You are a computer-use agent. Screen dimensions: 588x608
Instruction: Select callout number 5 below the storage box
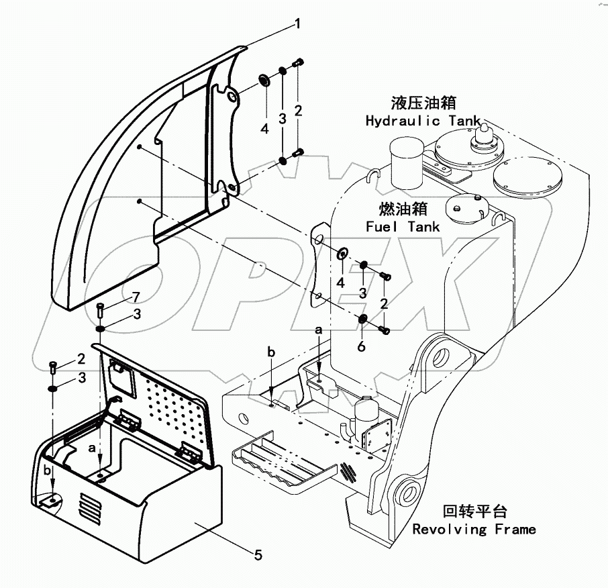click(x=258, y=554)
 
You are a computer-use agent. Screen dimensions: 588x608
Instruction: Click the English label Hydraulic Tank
click(x=422, y=121)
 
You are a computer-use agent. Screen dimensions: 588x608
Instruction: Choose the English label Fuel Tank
click(x=403, y=227)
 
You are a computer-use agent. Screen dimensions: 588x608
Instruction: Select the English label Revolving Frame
click(x=474, y=529)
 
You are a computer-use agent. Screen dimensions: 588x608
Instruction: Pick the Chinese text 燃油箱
click(x=403, y=208)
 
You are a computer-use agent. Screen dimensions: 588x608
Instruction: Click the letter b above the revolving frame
click(x=271, y=352)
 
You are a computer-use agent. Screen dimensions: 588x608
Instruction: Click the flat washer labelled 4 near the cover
click(x=264, y=83)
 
